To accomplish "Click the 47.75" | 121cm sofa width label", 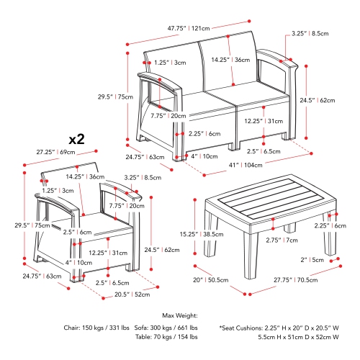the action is (189, 28).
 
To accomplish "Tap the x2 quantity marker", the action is (77, 139).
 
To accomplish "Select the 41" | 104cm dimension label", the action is (246, 165).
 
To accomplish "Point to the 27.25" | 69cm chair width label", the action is (55, 152).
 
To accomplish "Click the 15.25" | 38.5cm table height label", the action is (202, 234).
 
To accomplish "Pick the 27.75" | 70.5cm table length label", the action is (296, 280).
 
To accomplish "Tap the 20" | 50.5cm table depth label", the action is (211, 280).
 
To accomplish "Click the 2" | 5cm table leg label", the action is (312, 260).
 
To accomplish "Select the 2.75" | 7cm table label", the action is (282, 240).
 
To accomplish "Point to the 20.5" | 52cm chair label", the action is (132, 294).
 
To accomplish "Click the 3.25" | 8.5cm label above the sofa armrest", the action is (310, 34).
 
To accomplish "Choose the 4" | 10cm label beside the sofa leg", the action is (204, 156).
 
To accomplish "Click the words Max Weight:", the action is (180, 315).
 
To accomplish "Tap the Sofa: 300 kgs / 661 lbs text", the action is (166, 328).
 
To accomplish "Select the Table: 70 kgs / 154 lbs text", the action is (166, 337).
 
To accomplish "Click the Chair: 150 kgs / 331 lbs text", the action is (96, 328).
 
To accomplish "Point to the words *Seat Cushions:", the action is (241, 328).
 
